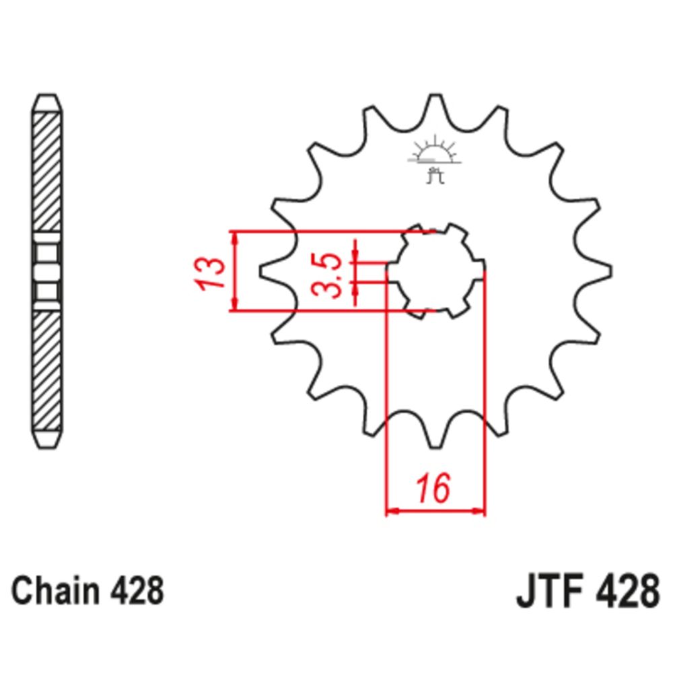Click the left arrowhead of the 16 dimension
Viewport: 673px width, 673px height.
[391, 511]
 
